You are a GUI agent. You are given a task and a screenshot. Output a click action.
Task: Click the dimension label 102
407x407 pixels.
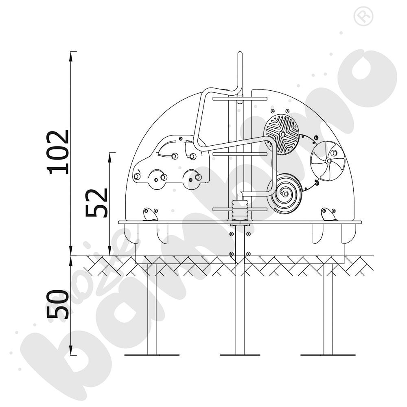click(x=58, y=152)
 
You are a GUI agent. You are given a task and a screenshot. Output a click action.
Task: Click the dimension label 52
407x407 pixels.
click(x=96, y=202)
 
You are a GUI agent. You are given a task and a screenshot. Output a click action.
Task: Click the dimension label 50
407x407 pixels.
click(x=58, y=304)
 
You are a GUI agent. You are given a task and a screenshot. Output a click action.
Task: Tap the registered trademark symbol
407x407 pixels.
click(x=363, y=16)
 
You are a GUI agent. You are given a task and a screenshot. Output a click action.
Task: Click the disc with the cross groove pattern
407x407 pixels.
click(x=282, y=134)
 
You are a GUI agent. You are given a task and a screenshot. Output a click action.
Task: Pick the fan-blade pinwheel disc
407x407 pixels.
click(x=328, y=161)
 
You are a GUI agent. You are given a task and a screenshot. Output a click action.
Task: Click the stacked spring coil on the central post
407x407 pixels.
click(x=240, y=210)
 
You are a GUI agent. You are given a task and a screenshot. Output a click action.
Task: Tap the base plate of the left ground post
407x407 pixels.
click(x=152, y=355)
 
